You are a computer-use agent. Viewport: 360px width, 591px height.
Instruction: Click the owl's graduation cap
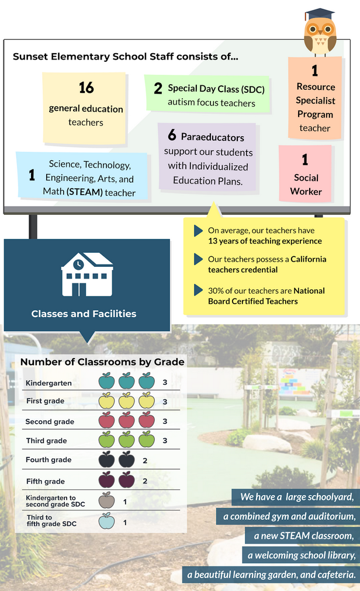coord(320,13)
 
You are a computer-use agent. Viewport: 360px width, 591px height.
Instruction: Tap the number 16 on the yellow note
coord(86,88)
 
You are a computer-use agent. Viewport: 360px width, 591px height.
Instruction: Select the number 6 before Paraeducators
coord(172,135)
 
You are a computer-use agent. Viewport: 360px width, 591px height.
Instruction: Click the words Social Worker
coord(306,185)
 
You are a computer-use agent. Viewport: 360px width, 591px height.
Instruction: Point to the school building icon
coord(87,274)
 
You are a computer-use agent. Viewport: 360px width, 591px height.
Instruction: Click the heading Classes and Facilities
coord(84,314)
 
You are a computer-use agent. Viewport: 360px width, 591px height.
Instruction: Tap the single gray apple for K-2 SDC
coord(106,500)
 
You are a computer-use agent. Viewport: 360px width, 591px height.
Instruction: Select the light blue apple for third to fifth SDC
coord(106,520)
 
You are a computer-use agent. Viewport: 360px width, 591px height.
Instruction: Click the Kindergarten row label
coord(49,383)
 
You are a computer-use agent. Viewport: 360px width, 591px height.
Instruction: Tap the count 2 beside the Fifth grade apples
coord(145,481)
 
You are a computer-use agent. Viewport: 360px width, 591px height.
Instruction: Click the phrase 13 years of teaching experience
coord(265,241)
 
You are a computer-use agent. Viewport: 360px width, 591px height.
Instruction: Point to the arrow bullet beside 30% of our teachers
coord(199,290)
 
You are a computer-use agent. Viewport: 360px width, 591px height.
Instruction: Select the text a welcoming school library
coord(302,555)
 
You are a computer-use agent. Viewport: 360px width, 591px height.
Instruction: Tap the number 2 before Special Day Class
coord(158,89)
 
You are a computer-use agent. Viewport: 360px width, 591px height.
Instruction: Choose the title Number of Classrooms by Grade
coord(102,362)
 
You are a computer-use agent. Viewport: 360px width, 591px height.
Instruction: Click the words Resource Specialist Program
coord(315,100)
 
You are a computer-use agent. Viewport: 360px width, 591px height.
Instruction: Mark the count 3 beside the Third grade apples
coord(165,440)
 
